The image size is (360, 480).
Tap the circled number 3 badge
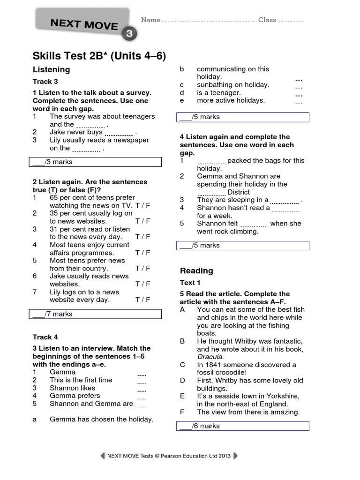tap(129, 34)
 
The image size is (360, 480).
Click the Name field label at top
tap(151, 20)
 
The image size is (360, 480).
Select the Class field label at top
tap(267, 20)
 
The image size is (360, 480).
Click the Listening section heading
tap(51, 69)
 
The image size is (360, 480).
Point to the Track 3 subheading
tap(42, 82)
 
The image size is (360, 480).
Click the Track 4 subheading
tap(42, 337)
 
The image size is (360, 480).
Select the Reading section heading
tap(196, 270)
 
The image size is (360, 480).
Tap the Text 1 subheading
tap(190, 283)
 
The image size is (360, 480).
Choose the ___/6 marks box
tap(243, 426)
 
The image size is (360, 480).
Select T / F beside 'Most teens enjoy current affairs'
tap(143, 253)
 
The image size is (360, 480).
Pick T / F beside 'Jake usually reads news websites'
tap(143, 284)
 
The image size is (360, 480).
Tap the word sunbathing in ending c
tap(214, 85)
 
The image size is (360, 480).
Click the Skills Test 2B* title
tap(99, 57)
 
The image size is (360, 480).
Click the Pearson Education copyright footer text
tap(169, 456)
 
